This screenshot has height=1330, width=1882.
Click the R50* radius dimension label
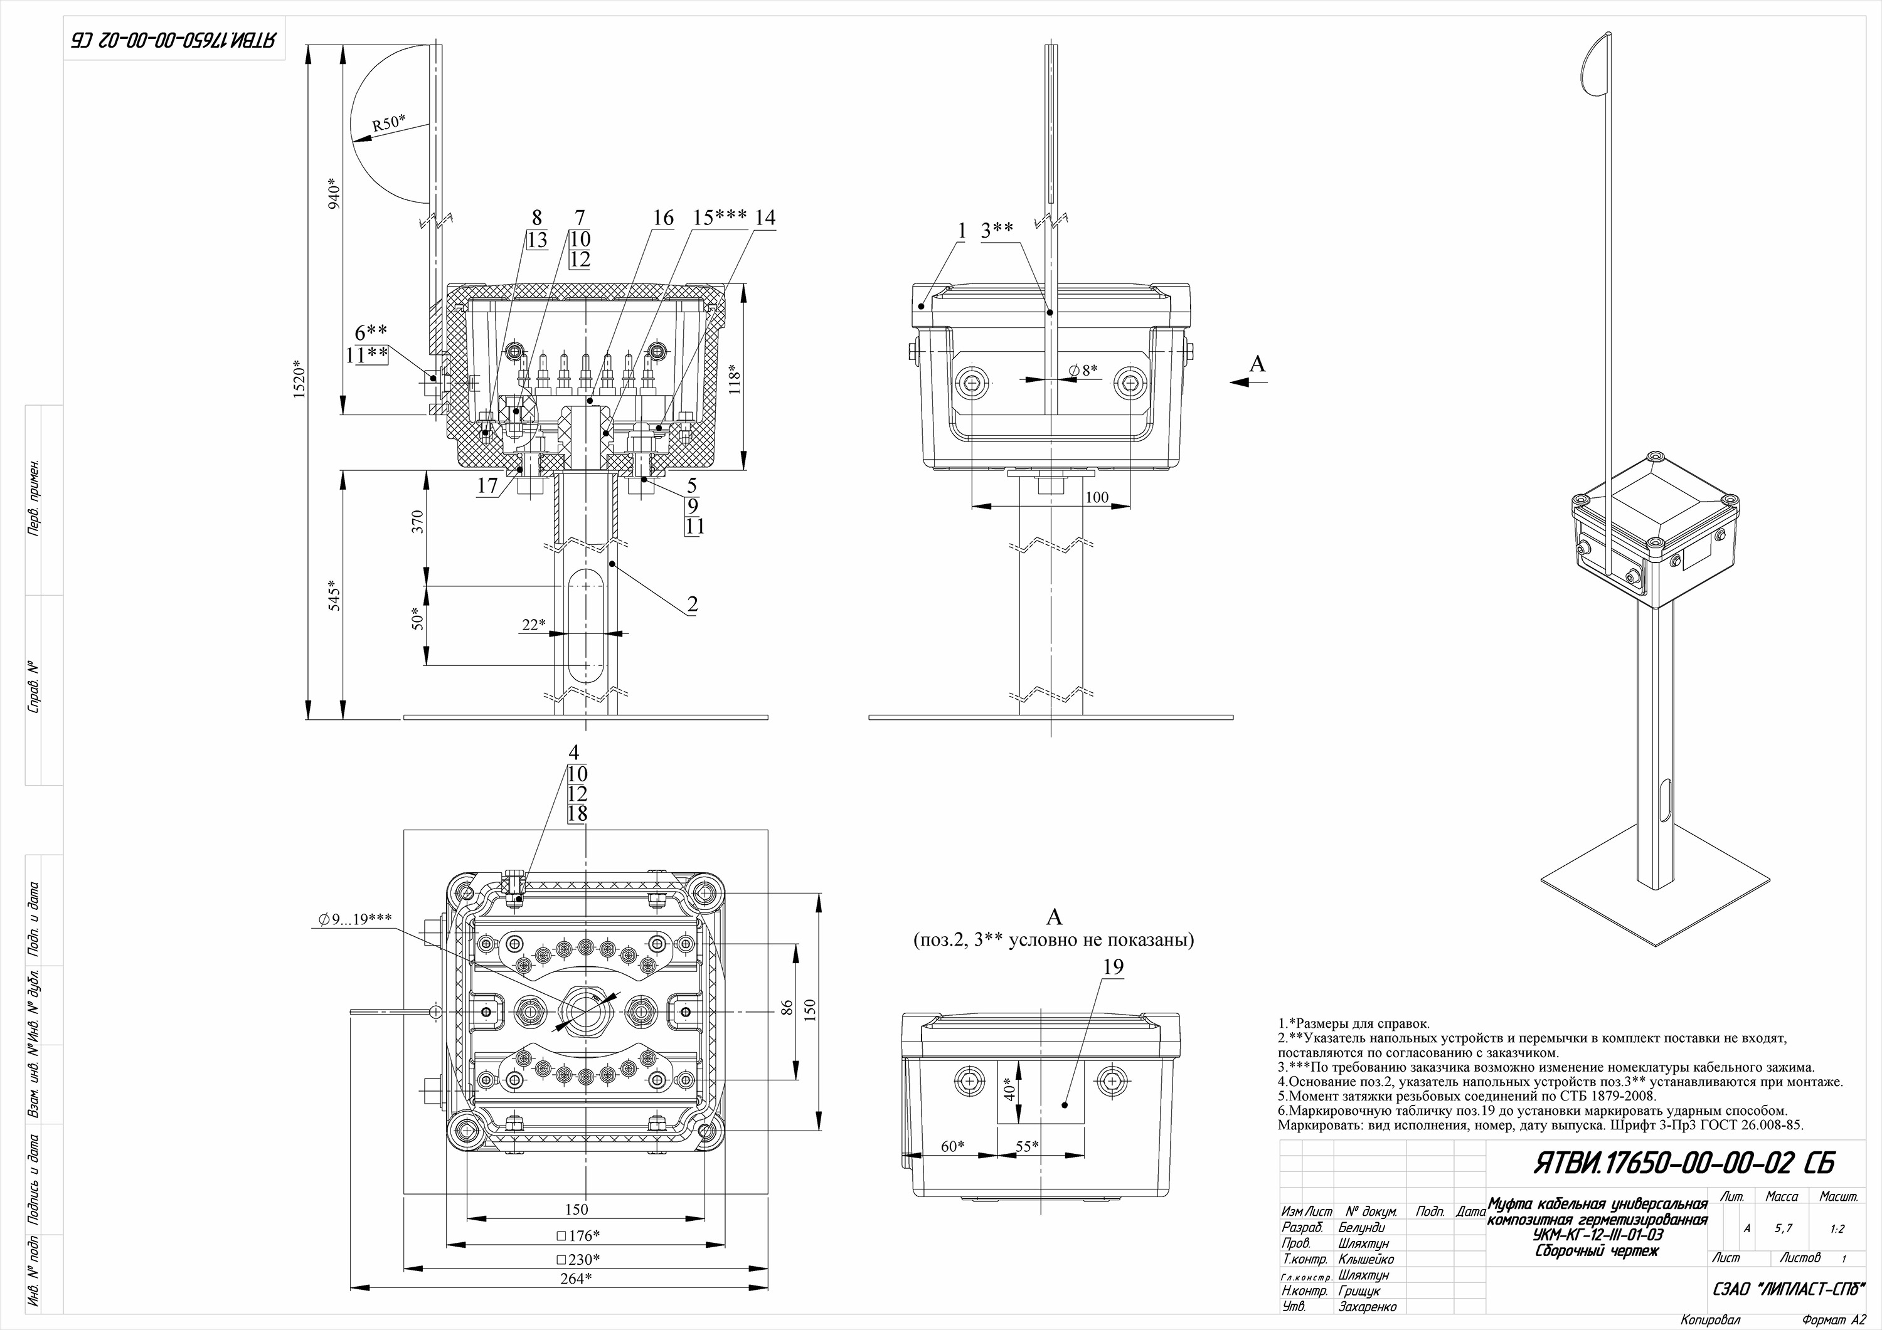click(x=388, y=123)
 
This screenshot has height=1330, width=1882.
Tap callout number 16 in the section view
click(x=662, y=218)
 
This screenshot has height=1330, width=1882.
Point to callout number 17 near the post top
click(x=487, y=486)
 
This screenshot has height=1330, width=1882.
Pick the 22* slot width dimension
click(x=533, y=625)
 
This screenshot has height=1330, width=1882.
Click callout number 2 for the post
click(x=693, y=604)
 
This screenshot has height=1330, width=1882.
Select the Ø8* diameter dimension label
click(x=1083, y=371)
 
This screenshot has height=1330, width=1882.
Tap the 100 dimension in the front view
click(x=1096, y=497)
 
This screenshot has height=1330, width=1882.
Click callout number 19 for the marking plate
click(x=1112, y=968)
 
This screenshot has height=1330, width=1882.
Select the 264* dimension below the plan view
click(x=577, y=1279)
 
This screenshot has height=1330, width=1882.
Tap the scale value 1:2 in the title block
click(x=1837, y=1228)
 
